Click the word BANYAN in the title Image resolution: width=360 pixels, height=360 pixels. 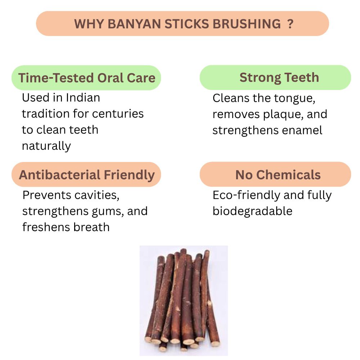pyautogui.click(x=134, y=24)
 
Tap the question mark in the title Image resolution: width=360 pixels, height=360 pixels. pyautogui.click(x=290, y=24)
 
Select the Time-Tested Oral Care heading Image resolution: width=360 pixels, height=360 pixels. pyautogui.click(x=87, y=78)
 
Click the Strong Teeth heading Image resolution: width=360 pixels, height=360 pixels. pyautogui.click(x=279, y=77)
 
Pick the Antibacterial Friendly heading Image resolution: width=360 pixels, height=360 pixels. pyautogui.click(x=87, y=175)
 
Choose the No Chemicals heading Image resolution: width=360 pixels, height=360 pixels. pyautogui.click(x=278, y=175)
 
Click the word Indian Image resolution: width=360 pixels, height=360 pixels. pyautogui.click(x=83, y=98)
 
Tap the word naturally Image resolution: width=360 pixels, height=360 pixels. pyautogui.click(x=46, y=146)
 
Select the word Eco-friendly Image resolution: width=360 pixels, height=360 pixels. pyautogui.click(x=247, y=195)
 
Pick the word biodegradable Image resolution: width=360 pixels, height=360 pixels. pyautogui.click(x=253, y=211)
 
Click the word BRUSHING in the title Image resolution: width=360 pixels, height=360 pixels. pyautogui.click(x=247, y=24)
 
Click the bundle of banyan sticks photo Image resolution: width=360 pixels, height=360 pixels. pyautogui.click(x=184, y=301)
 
